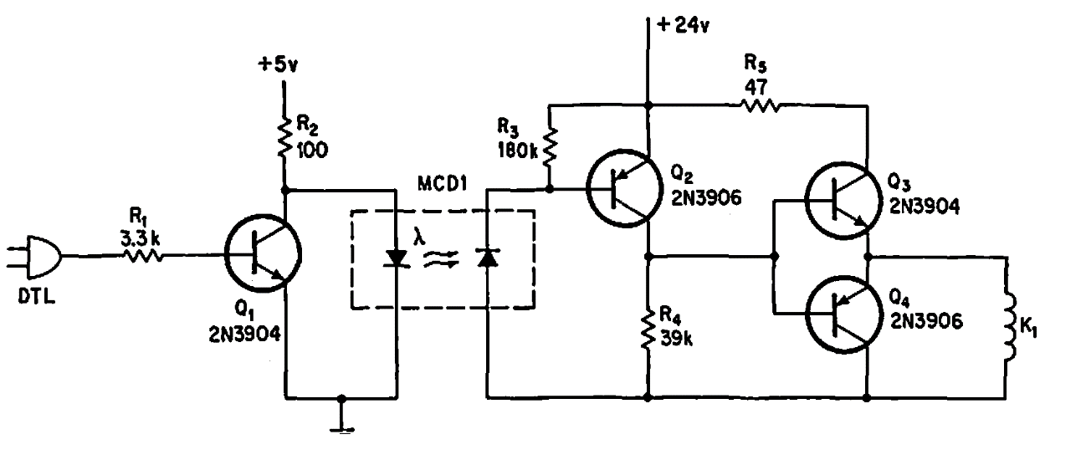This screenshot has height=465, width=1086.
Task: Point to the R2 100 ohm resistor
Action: point(286,141)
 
